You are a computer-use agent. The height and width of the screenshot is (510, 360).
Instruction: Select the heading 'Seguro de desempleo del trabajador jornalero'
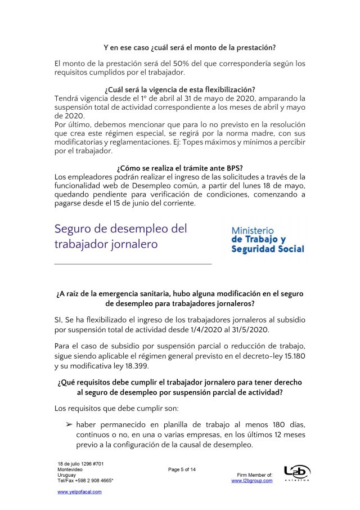click(x=121, y=236)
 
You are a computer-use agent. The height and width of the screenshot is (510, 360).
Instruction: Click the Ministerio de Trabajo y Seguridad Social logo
click(x=268, y=239)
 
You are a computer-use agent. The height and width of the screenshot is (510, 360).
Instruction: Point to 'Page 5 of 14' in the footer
click(x=182, y=469)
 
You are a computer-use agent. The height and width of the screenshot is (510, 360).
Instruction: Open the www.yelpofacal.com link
click(x=80, y=491)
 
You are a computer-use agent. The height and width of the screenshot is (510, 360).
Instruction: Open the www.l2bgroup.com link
click(x=252, y=480)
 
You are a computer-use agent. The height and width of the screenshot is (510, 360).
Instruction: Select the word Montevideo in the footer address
click(x=70, y=469)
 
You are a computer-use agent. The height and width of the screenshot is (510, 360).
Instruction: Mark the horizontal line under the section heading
click(x=133, y=263)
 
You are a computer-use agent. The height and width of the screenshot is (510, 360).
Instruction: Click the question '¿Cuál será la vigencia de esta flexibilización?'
click(x=179, y=90)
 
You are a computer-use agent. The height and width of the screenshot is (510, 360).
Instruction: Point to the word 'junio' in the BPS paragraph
click(x=134, y=203)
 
